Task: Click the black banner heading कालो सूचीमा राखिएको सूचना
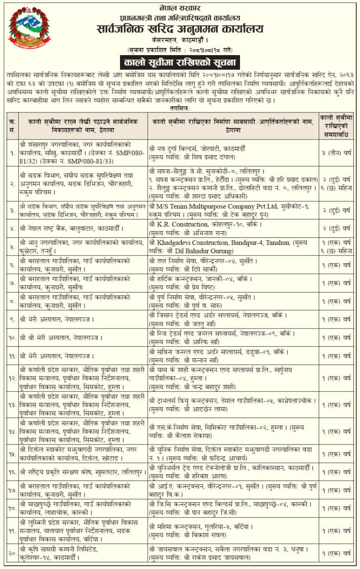click(180, 61)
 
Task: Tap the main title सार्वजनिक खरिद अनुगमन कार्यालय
click(180, 29)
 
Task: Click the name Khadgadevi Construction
click(192, 242)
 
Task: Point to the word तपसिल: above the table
click(180, 108)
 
